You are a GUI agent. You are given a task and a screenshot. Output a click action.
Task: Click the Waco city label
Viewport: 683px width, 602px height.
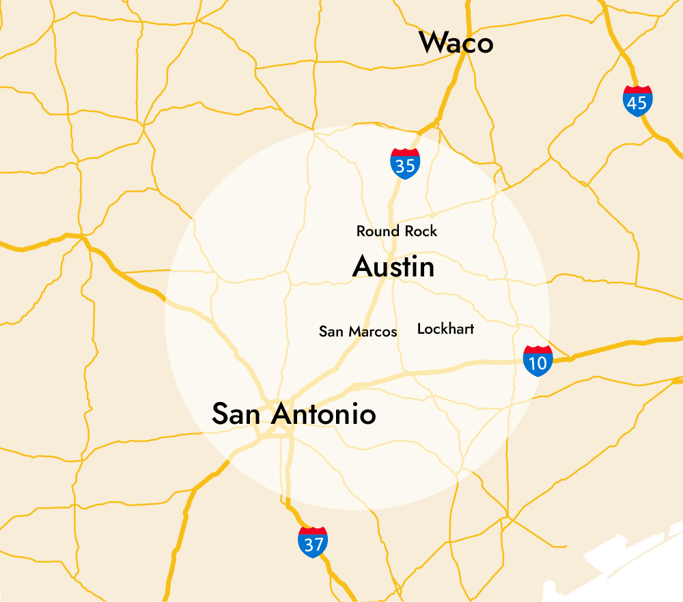(x=456, y=43)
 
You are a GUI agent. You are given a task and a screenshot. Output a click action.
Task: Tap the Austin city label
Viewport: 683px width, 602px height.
(x=393, y=267)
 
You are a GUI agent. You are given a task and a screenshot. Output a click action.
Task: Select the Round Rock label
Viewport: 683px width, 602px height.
(x=397, y=231)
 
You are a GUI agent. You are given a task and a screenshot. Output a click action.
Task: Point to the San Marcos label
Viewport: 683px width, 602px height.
(x=358, y=332)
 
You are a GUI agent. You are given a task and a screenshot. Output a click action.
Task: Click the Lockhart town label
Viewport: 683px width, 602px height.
(x=445, y=329)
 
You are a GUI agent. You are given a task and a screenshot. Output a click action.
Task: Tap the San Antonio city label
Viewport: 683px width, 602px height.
(x=294, y=414)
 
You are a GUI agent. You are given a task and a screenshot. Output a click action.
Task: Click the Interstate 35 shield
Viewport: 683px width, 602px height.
(x=405, y=164)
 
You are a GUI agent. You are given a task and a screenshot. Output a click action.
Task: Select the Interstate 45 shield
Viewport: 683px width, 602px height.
(x=637, y=102)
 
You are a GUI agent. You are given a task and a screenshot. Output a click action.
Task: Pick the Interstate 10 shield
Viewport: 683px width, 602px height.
(x=538, y=362)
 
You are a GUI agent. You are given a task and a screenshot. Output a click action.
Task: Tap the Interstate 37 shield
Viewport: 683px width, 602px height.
(x=313, y=543)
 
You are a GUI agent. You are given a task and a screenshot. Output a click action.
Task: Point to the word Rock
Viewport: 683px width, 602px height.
(x=421, y=231)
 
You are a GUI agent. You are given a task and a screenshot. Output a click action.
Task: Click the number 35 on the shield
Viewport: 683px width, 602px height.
(x=405, y=166)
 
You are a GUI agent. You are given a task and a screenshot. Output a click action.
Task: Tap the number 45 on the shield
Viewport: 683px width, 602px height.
(x=637, y=104)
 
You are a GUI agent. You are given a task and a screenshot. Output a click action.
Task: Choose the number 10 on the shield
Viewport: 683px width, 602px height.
(x=538, y=364)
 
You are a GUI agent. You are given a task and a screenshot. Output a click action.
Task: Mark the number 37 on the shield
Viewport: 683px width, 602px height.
(x=313, y=545)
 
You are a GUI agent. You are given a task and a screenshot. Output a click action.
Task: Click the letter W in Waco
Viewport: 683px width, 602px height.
(x=432, y=44)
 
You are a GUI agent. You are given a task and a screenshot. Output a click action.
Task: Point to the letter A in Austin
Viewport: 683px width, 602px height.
(x=362, y=268)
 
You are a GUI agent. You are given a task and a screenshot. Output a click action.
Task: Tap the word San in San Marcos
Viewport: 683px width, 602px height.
(x=331, y=332)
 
